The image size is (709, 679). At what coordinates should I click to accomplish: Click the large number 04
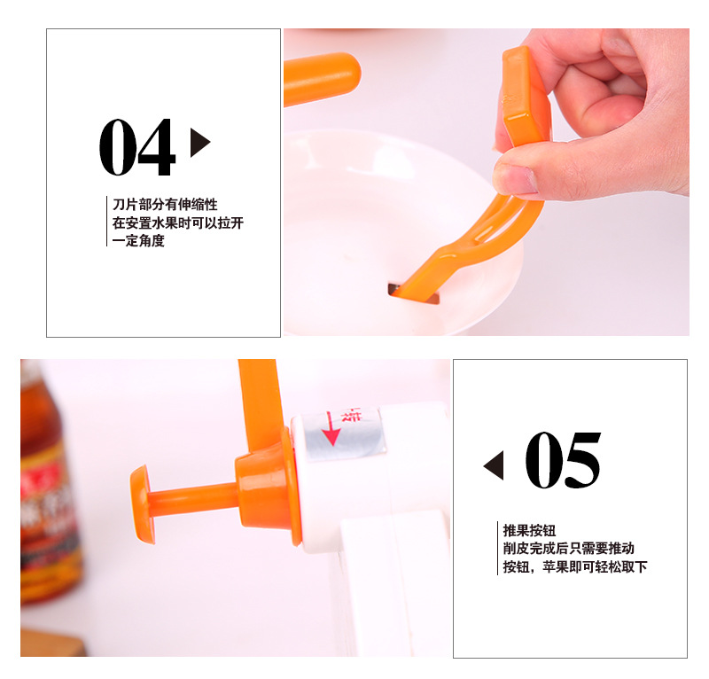[x=136, y=148]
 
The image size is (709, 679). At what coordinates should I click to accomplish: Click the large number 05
[x=563, y=461]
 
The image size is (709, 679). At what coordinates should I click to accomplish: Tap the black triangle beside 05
[x=494, y=464]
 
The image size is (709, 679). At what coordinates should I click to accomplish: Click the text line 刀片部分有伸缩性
[x=165, y=205]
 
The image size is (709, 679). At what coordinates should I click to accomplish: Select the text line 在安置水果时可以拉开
[x=177, y=222]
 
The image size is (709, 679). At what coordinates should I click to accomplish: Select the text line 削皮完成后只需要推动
[x=568, y=549]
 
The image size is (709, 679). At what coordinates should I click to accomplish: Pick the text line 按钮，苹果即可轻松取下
[x=575, y=566]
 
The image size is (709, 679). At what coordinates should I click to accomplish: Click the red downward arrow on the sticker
[x=331, y=427]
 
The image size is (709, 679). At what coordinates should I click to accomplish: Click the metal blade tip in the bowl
[x=413, y=293]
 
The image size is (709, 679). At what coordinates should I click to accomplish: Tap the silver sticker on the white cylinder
[x=341, y=433]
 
